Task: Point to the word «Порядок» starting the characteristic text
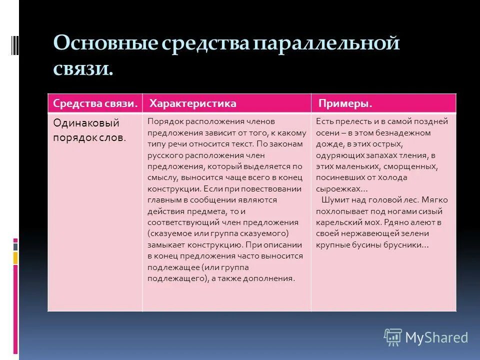pyautogui.click(x=162, y=121)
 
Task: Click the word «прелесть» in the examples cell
pyautogui.click(x=355, y=121)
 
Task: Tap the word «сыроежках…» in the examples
pyautogui.click(x=342, y=189)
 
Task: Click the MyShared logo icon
pyautogui.click(x=392, y=337)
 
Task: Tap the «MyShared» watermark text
pyautogui.click(x=436, y=337)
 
